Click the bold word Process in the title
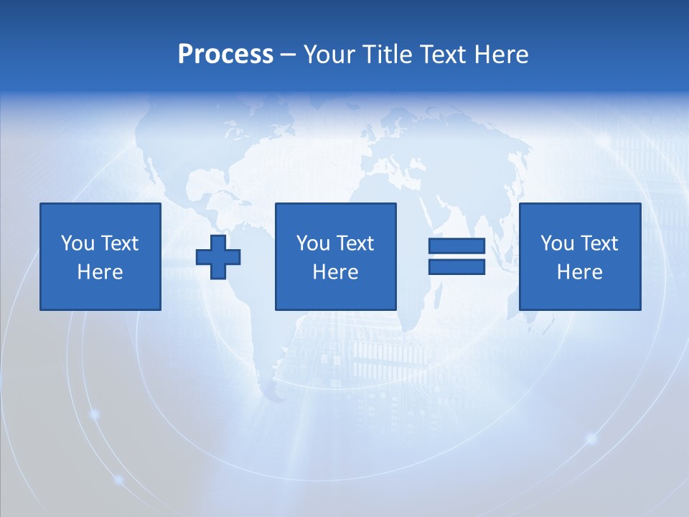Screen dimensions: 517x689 [225, 55]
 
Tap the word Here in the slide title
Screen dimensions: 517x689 [501, 55]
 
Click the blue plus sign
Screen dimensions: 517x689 [218, 256]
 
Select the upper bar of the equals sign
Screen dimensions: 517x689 [457, 246]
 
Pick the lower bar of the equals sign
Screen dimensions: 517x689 [457, 266]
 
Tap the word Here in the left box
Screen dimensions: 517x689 [100, 272]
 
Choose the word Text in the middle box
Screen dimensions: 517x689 [355, 243]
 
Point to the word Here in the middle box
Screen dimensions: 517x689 [336, 272]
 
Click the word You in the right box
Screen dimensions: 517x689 [556, 243]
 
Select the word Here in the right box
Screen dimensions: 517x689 [580, 272]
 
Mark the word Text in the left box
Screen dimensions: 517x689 [119, 243]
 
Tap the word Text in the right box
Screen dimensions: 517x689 [599, 243]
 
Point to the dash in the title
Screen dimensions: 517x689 [289, 55]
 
